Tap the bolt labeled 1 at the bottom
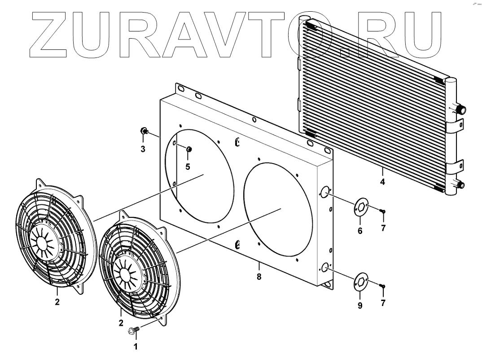tap(133, 331)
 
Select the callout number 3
tap(143, 149)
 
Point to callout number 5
tap(188, 167)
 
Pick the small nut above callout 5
tap(189, 149)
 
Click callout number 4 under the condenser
tap(382, 182)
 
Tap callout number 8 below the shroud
tap(259, 277)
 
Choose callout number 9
tap(360, 305)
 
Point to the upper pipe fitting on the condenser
tap(460, 110)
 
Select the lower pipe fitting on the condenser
tap(460, 184)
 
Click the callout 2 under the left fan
tap(57, 302)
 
